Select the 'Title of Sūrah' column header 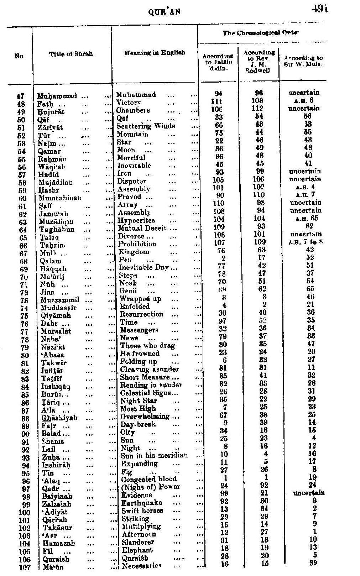72,54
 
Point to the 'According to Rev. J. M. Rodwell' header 259,61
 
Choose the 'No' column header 19,56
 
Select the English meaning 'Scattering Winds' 146,126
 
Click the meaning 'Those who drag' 148,346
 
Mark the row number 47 21,96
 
